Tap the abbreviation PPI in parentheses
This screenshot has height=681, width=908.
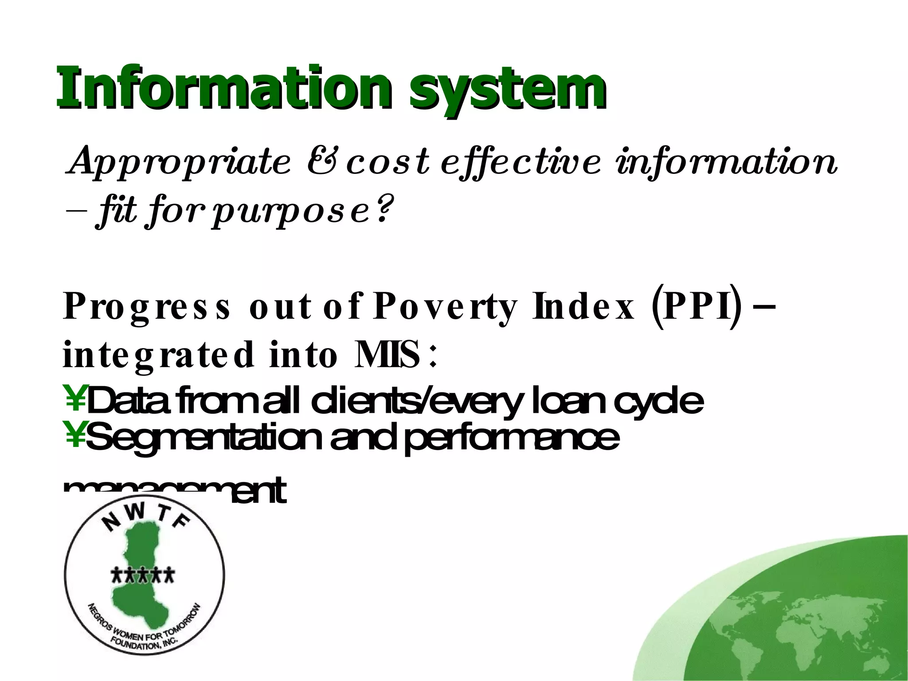[x=696, y=307]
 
